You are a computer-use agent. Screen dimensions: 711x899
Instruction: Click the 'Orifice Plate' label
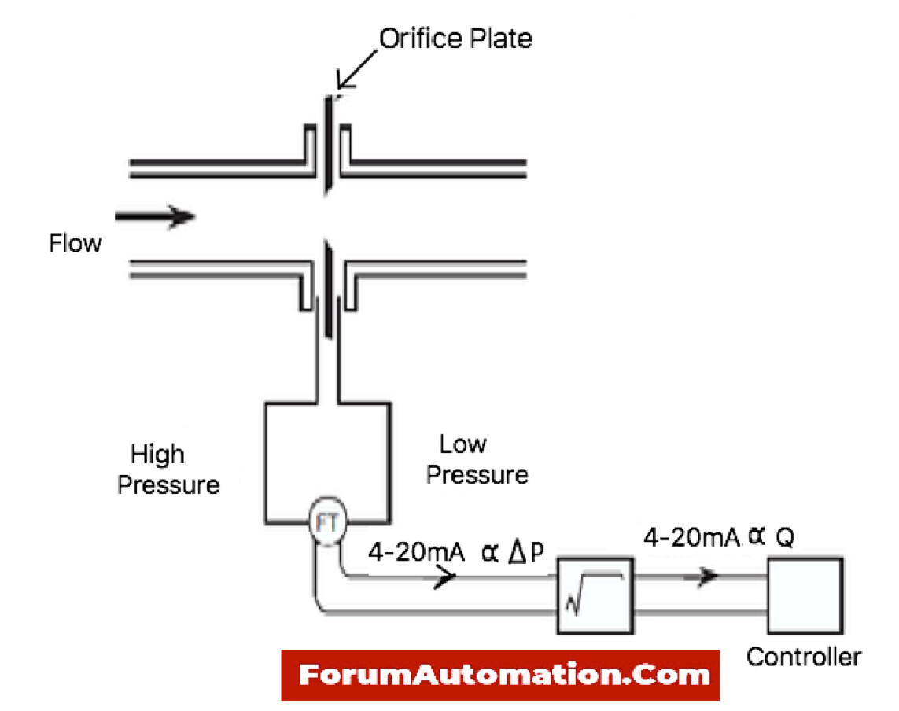point(455,38)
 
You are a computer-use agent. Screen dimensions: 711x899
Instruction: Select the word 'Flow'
point(76,243)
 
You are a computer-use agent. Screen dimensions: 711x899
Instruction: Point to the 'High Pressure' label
point(168,470)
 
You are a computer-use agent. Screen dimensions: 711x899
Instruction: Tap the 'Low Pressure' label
point(477,460)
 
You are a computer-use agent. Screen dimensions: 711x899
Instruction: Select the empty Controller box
point(805,595)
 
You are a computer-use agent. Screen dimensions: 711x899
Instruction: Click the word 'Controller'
point(803,657)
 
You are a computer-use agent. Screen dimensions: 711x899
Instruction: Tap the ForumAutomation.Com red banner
point(500,675)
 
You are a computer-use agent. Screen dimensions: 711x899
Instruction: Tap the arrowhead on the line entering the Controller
point(708,576)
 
